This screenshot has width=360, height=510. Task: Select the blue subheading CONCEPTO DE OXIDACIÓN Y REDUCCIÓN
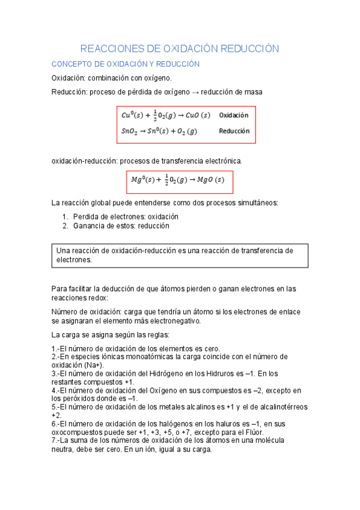[125, 64]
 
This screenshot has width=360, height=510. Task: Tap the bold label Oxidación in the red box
[234, 115]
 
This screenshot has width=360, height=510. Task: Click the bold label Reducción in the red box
[234, 131]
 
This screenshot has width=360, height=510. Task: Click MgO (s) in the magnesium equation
[210, 179]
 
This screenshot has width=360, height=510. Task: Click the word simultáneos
[255, 202]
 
